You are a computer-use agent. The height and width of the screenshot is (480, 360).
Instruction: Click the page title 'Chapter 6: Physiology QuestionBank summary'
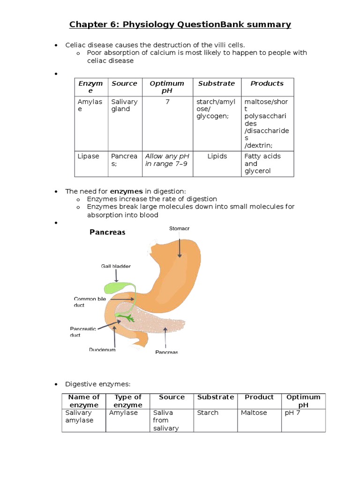[x=180, y=24]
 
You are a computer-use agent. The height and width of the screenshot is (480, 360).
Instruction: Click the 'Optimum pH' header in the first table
[x=167, y=87]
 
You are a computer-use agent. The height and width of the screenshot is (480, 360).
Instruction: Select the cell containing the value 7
[x=167, y=102]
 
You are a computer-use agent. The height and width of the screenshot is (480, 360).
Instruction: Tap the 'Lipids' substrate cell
[x=217, y=156]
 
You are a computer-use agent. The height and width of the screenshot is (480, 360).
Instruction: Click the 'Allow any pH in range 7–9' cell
[x=167, y=160]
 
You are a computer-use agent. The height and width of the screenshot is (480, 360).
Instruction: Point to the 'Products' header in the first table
[x=267, y=83]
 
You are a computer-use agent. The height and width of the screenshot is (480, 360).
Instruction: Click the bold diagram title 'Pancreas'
[x=107, y=232]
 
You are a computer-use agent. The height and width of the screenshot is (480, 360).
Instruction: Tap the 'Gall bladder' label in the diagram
[x=116, y=266]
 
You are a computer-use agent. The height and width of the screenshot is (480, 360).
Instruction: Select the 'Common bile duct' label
[x=85, y=301]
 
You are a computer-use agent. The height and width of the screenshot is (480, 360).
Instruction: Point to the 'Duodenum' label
[x=102, y=349]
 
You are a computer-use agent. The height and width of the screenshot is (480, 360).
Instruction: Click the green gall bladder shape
[x=118, y=287]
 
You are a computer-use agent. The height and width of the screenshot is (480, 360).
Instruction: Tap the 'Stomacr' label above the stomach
[x=179, y=229]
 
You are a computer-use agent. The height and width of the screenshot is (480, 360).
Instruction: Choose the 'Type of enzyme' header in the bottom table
[x=128, y=401]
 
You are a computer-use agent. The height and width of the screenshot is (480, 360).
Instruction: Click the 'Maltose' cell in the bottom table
[x=254, y=412]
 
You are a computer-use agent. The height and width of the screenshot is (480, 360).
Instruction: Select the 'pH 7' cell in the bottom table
[x=294, y=412]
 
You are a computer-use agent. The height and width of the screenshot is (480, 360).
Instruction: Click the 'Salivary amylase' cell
[x=79, y=416]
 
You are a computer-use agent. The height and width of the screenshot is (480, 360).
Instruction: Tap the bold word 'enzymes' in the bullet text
[x=126, y=191]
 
